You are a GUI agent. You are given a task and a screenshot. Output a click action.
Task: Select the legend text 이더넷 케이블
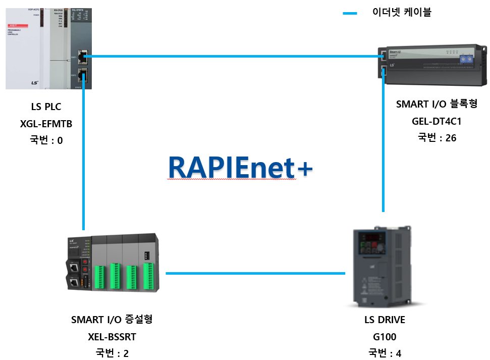coord(402,13)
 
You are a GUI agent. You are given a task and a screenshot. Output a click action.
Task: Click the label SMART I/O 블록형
coord(437,104)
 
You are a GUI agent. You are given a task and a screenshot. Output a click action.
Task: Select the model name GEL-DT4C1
coord(437,121)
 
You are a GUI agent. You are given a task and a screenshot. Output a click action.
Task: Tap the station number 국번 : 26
coord(437,137)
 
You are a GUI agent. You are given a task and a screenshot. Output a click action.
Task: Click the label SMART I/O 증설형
coord(112,320)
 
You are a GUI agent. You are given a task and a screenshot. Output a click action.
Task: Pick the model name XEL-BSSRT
coord(112,336)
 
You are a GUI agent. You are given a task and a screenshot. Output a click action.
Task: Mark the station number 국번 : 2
coord(112,353)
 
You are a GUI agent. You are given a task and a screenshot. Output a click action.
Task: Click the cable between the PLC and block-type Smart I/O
coord(232,56)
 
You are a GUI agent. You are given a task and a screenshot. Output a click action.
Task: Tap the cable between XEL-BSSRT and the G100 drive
coord(255,274)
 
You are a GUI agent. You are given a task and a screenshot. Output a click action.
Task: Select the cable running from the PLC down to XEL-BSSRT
coord(83,151)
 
